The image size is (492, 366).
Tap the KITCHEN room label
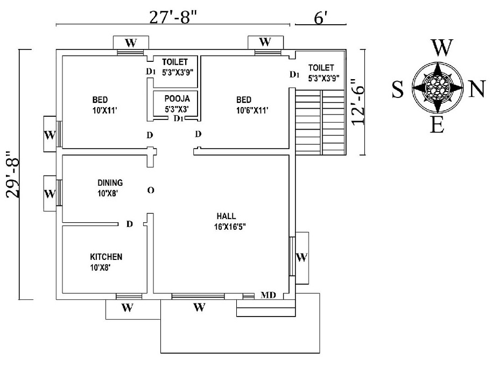click(x=106, y=257)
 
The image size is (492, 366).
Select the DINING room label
click(x=110, y=183)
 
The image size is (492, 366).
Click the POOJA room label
click(x=174, y=98)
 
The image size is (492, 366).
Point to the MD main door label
click(x=268, y=295)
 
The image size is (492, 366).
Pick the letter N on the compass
click(x=477, y=90)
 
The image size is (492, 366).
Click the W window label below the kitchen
click(x=127, y=308)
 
